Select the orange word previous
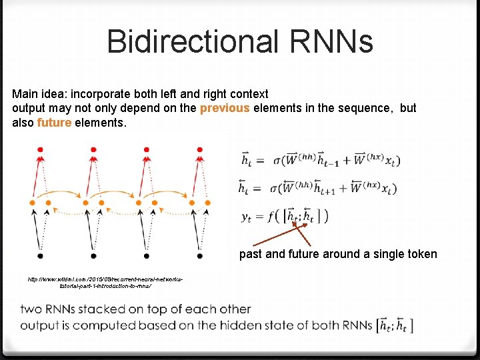(225, 108)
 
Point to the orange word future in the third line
(54, 123)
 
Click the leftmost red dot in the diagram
(40, 148)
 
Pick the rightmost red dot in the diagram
(199, 148)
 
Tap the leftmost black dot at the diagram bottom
(40, 255)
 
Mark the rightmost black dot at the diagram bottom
(199, 255)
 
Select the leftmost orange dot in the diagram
(32, 201)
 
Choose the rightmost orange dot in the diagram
(208, 201)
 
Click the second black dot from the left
(93, 255)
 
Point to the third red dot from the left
(147, 148)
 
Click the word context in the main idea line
(246, 94)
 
